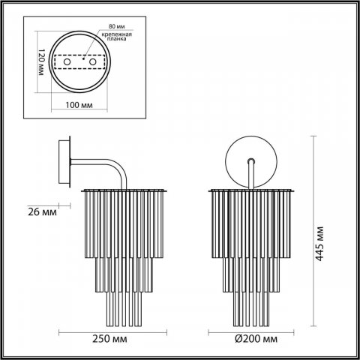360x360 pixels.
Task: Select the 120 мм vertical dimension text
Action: click(43, 62)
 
